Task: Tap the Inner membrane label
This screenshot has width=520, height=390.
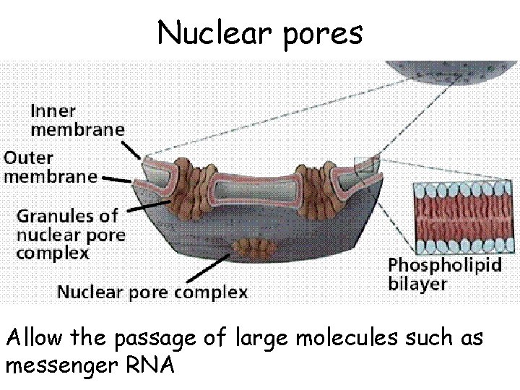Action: pyautogui.click(x=76, y=119)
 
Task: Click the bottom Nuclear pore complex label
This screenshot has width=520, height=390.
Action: pyautogui.click(x=152, y=292)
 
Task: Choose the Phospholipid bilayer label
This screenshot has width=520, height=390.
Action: pyautogui.click(x=445, y=272)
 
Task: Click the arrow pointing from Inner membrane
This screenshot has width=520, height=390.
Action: pyautogui.click(x=133, y=150)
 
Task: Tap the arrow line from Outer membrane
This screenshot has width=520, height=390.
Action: pyautogui.click(x=116, y=177)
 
